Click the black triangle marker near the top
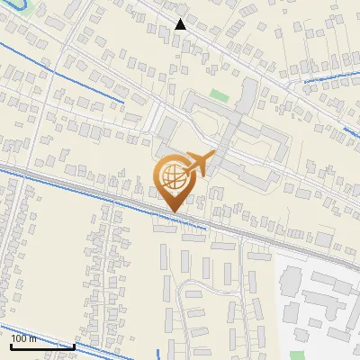(x=181, y=24)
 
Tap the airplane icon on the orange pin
(x=199, y=164)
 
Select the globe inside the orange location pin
(x=171, y=177)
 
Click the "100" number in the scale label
(x=20, y=338)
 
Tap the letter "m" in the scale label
(x=34, y=338)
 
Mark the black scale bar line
(x=41, y=346)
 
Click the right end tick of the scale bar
(x=73, y=344)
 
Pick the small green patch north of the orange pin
(x=220, y=94)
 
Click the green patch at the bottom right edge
(x=298, y=355)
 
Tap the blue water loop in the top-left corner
(x=20, y=9)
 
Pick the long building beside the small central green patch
(x=246, y=99)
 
